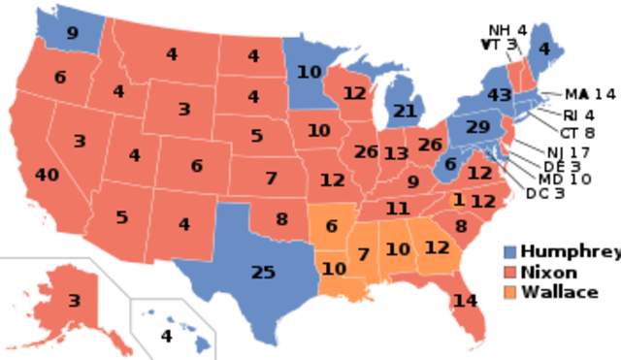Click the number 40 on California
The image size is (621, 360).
(x=47, y=176)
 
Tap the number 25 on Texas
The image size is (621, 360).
(x=263, y=273)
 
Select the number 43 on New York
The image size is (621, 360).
(x=500, y=96)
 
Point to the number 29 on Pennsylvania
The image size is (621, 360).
(x=477, y=127)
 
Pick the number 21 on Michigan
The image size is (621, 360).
(x=404, y=111)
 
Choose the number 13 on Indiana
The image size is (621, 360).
(x=395, y=153)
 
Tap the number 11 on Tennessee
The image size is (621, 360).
(x=397, y=209)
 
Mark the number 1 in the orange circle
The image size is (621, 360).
(x=459, y=200)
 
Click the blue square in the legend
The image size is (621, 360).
(x=510, y=252)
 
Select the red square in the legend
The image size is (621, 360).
(x=510, y=272)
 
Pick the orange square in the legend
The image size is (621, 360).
(x=510, y=291)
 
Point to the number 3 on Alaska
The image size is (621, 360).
(x=74, y=301)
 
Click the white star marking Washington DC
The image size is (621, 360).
(x=488, y=153)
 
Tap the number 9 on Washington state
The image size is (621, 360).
(x=72, y=34)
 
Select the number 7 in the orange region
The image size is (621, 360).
(x=363, y=255)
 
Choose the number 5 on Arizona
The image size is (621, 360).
(x=121, y=217)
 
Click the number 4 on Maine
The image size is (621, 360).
(x=543, y=49)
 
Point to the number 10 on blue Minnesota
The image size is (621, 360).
(x=309, y=72)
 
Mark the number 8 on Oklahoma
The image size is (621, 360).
(x=281, y=219)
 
